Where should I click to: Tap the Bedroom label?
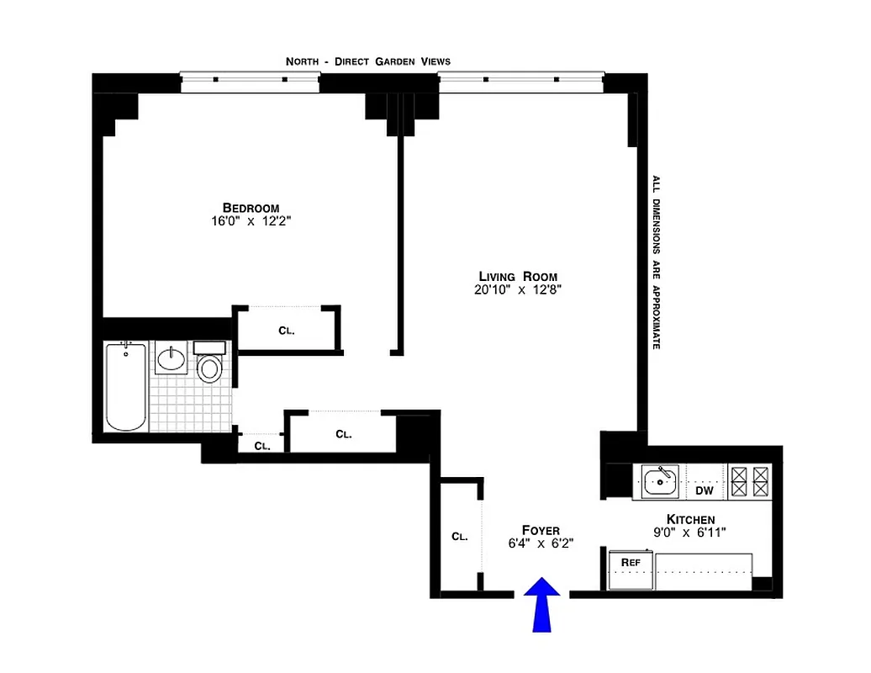coord(251,208)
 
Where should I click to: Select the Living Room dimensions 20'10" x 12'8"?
coord(516,291)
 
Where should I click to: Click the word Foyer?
coord(541,530)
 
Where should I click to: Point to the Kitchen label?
coord(690,519)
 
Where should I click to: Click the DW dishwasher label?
coord(704,490)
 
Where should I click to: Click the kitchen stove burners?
coord(749,482)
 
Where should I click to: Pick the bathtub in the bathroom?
coord(126,387)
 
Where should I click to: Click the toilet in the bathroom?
coord(209,363)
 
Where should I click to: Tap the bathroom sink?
coord(172,359)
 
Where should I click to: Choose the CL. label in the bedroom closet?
coord(287,331)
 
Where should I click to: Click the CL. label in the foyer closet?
coord(459,536)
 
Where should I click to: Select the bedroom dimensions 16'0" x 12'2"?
coord(251,222)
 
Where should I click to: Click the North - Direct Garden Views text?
coord(367,61)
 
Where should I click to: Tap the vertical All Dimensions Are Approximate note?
coord(656,262)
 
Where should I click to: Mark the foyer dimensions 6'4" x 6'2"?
coord(541,543)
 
